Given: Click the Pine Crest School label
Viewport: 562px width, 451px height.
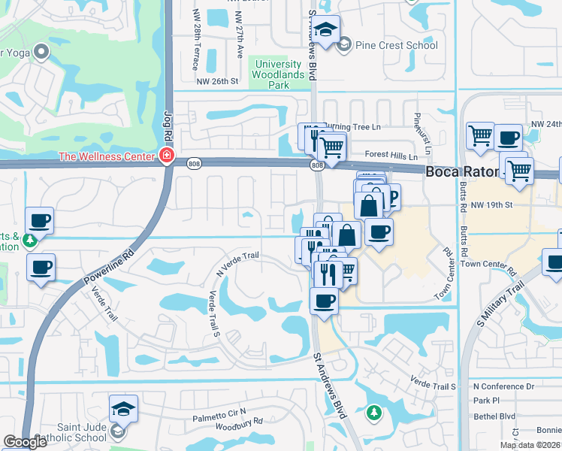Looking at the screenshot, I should [x=396, y=45].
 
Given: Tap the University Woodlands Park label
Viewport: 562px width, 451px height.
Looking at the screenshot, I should [x=279, y=75].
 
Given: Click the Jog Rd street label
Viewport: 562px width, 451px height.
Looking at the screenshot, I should [x=168, y=124].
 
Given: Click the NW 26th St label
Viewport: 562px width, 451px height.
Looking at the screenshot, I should [x=217, y=81].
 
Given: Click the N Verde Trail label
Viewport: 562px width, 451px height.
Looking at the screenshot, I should [x=237, y=263].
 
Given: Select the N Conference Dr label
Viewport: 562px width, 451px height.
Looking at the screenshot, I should [x=503, y=386].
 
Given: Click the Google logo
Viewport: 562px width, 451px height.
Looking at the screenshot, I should [x=25, y=443].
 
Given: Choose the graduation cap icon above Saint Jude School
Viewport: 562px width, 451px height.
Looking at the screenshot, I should [x=123, y=409].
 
